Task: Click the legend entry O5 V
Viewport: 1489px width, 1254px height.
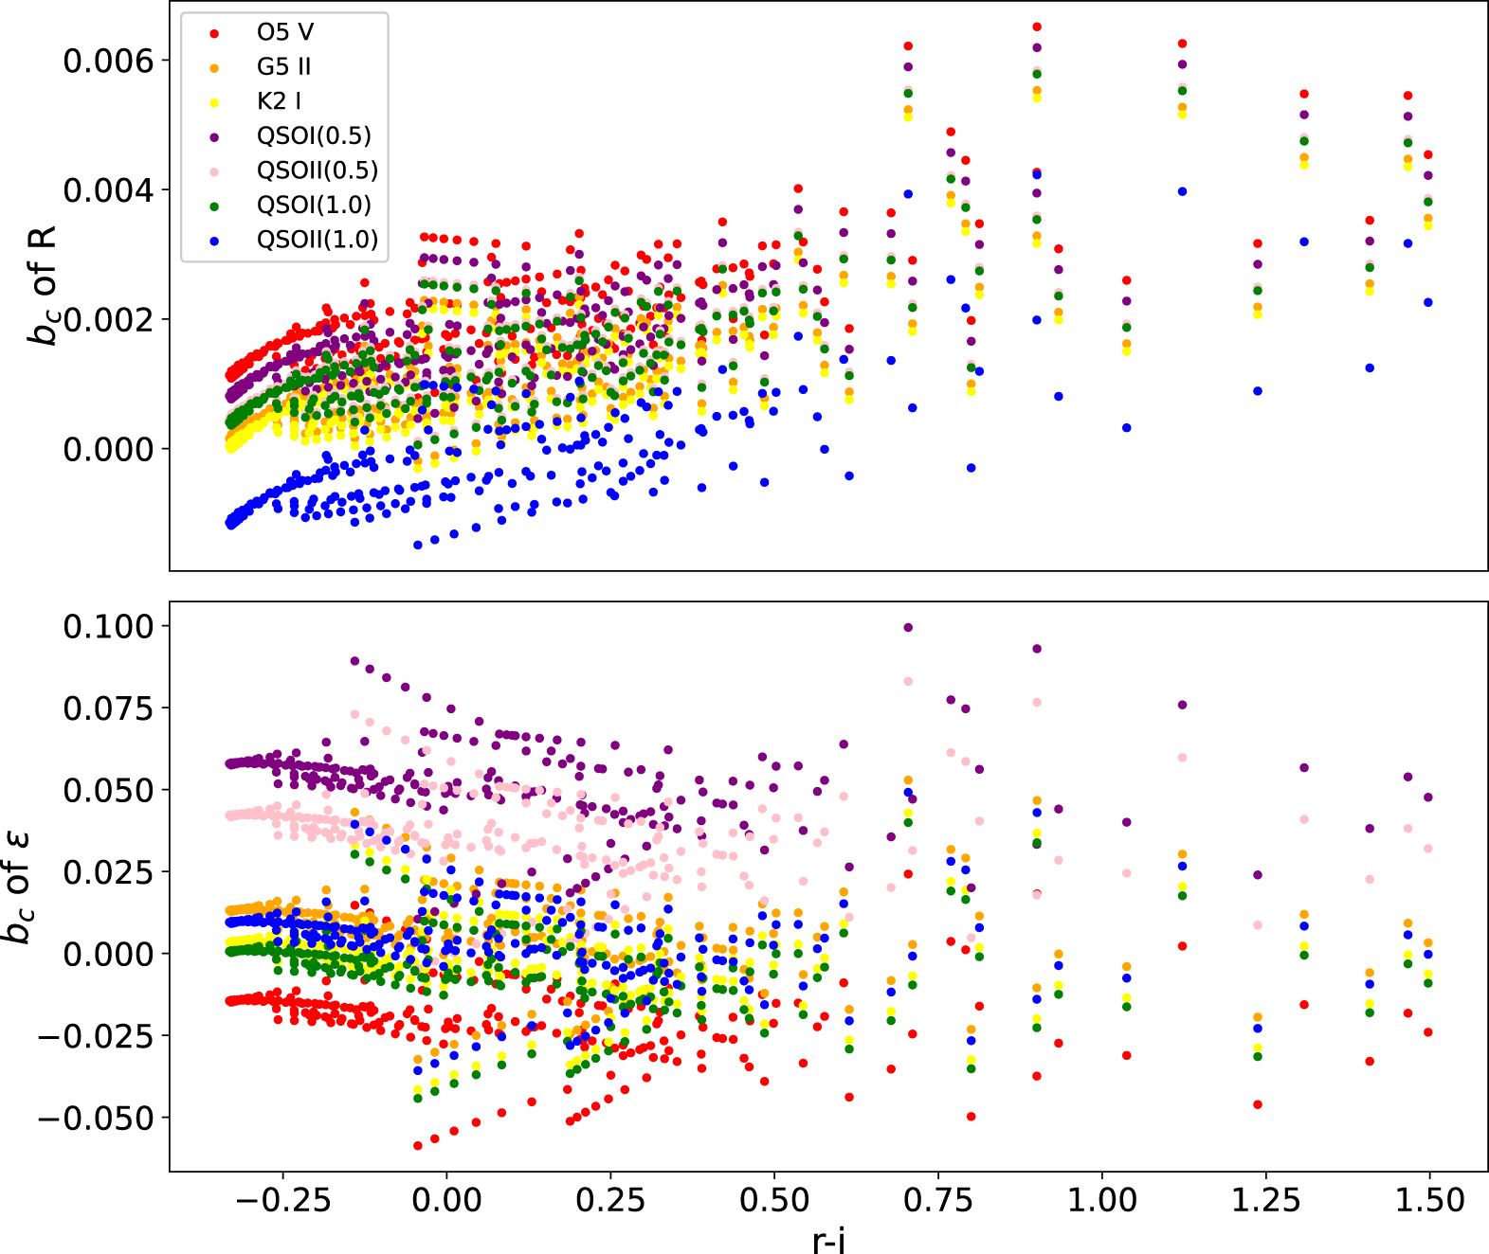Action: click(x=284, y=32)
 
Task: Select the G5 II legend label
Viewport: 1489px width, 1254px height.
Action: click(x=283, y=67)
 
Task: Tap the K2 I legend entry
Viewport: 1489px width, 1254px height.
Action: click(x=280, y=101)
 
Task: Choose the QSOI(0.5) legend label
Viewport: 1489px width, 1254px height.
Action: click(x=314, y=136)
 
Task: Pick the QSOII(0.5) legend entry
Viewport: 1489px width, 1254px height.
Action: click(x=318, y=170)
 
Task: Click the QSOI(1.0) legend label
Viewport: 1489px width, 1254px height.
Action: click(x=314, y=206)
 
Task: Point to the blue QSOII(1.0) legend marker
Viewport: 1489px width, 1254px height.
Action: click(x=214, y=241)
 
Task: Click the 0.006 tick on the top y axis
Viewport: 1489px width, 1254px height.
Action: click(x=107, y=61)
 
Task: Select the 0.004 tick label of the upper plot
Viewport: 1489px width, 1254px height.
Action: click(x=107, y=190)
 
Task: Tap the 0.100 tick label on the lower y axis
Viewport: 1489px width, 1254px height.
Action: click(x=107, y=626)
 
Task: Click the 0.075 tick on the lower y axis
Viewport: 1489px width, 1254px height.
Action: click(x=107, y=708)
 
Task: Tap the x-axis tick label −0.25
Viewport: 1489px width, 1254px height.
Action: click(x=282, y=1201)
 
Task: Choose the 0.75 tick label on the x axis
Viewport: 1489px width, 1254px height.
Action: click(x=938, y=1201)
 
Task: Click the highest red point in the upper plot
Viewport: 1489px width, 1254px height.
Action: click(x=1037, y=27)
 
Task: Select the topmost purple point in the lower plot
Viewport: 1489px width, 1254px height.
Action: click(x=908, y=627)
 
